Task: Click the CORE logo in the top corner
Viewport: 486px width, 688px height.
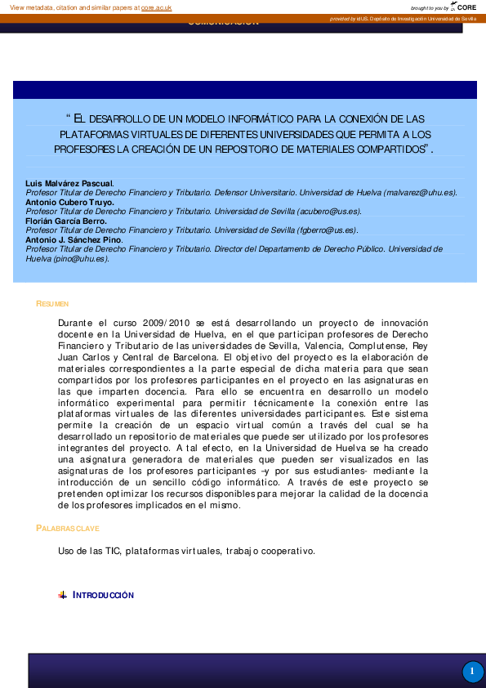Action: [465, 7]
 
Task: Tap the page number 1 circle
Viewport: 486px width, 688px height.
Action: [472, 672]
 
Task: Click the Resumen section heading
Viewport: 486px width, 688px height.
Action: [51, 304]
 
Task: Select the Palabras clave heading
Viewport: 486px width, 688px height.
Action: [68, 529]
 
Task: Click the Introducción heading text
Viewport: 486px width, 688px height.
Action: [103, 595]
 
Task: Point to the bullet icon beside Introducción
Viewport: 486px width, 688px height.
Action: [63, 595]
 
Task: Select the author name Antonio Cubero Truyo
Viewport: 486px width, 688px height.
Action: [69, 201]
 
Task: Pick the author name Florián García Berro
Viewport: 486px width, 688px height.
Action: [66, 221]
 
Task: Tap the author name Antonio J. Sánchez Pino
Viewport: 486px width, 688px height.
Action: [74, 239]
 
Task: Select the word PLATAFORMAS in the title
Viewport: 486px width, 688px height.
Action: [92, 134]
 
